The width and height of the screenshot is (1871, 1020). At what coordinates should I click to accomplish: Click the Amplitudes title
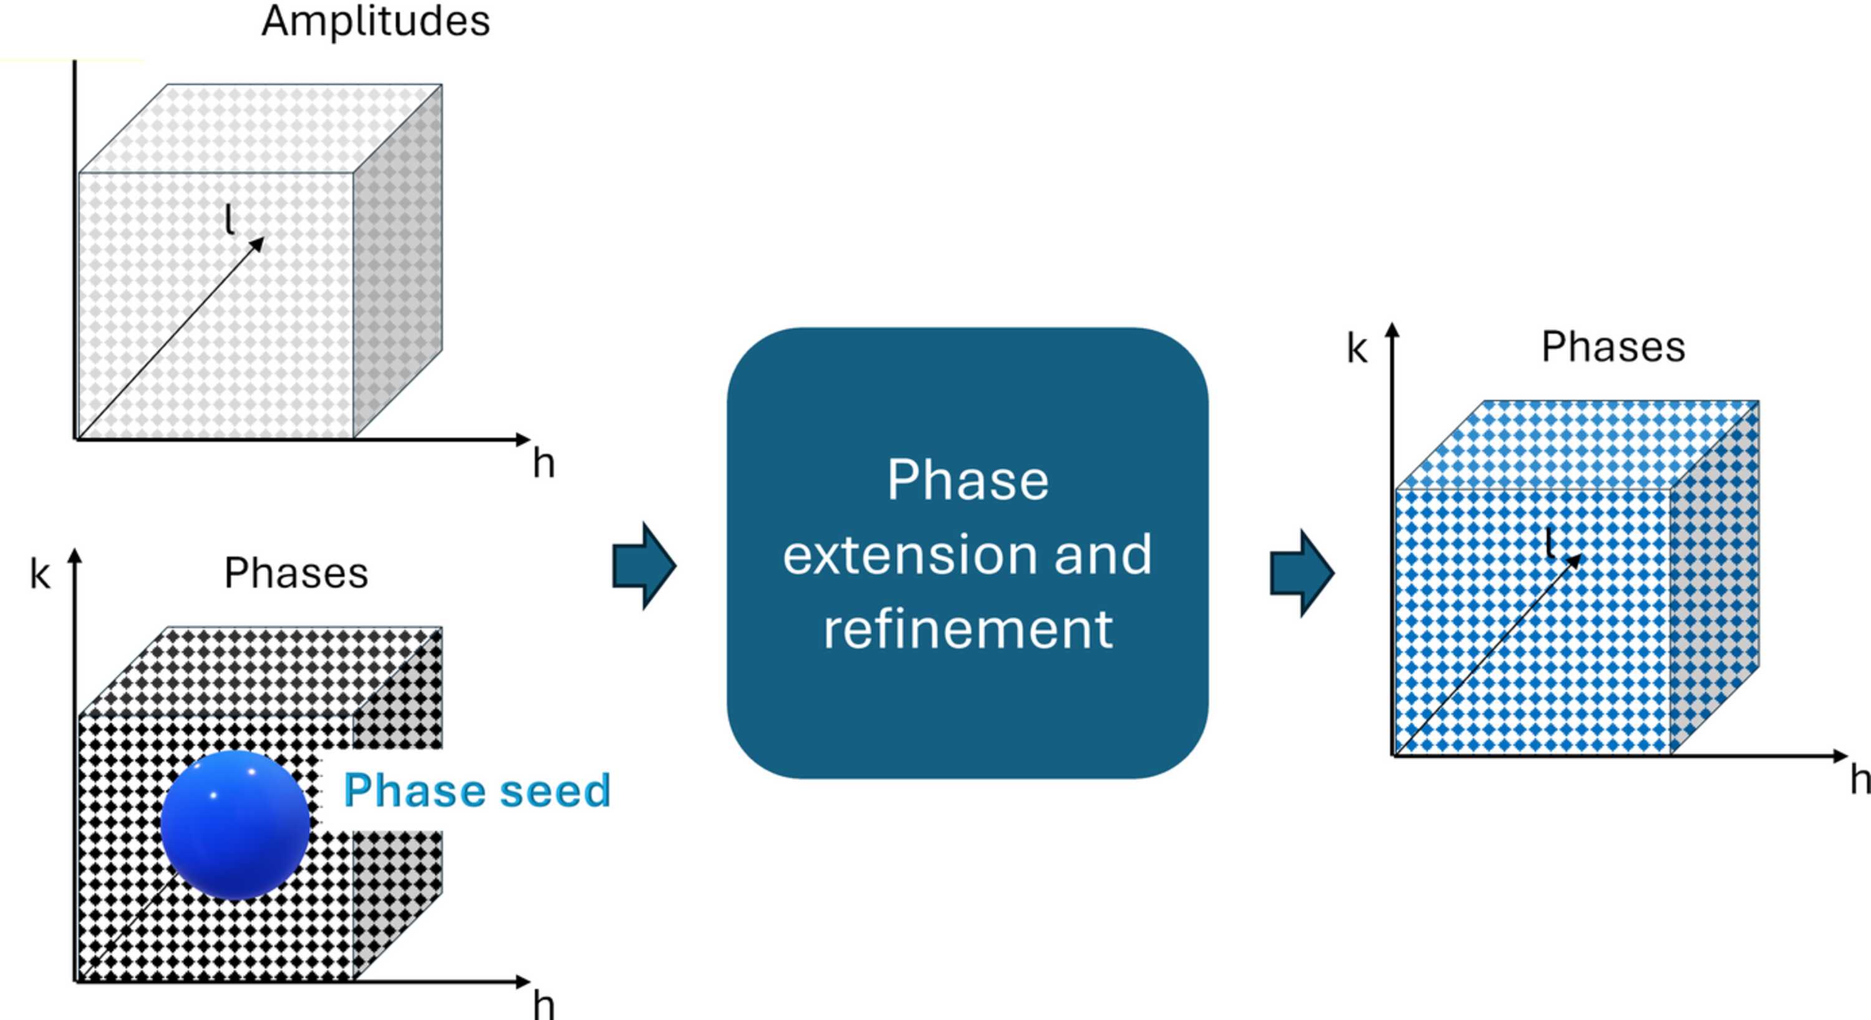[375, 22]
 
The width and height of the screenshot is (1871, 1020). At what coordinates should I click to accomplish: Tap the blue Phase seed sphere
[234, 825]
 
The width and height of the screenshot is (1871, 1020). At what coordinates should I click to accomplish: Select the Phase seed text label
[476, 790]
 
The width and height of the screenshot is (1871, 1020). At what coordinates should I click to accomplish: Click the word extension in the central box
[909, 555]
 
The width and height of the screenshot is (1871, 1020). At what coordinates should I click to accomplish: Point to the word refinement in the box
[967, 628]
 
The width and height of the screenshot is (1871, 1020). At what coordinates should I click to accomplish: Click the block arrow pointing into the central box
[644, 566]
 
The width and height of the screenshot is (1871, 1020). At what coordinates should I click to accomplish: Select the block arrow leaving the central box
[1302, 573]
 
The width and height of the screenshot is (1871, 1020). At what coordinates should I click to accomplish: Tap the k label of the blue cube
[1356, 349]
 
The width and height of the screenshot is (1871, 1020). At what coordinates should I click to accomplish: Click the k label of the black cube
[40, 574]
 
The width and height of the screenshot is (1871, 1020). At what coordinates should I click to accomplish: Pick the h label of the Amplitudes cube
[543, 463]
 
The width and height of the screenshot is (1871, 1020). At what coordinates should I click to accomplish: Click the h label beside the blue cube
[1860, 780]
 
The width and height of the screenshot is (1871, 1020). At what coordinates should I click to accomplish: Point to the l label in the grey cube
[230, 219]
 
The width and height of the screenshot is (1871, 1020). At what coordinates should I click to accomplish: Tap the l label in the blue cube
[1549, 543]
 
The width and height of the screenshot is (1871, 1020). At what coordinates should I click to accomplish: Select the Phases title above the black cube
[296, 573]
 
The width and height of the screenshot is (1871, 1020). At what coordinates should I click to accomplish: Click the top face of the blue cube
[1577, 445]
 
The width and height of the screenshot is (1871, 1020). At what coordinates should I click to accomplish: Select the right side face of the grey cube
[398, 261]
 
